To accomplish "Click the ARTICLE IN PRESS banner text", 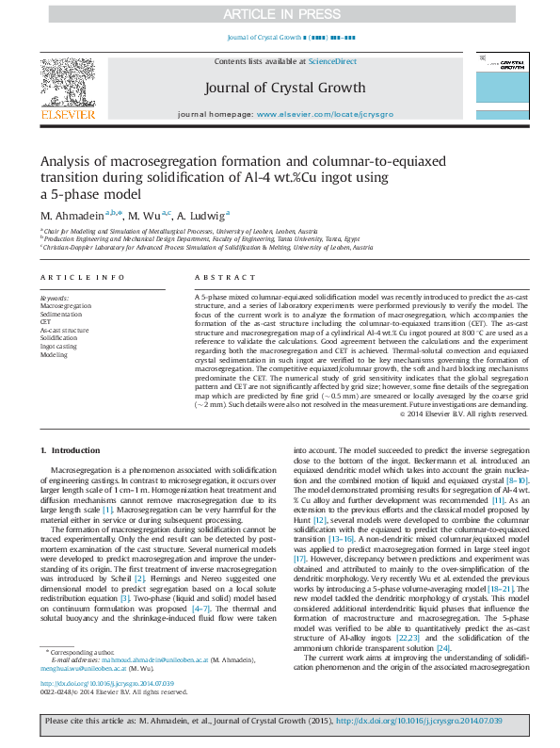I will point(280,14).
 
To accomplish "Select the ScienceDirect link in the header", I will point(332,61).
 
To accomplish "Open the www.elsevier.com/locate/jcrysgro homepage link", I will point(325,114).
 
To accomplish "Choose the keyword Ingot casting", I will point(59,347).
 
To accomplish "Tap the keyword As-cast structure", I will point(64,331).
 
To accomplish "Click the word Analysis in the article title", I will point(69,160).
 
